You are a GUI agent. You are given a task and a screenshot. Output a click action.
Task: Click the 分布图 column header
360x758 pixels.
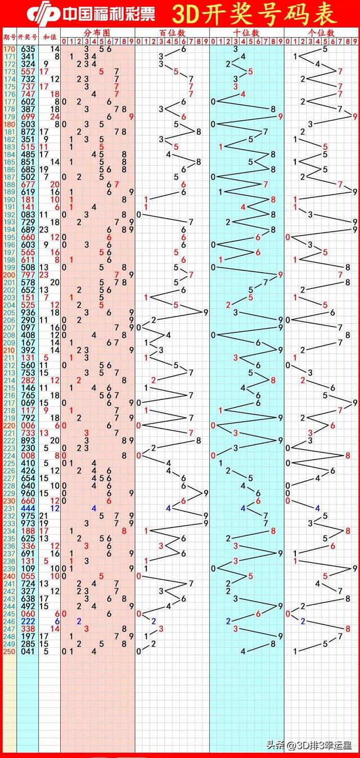click(98, 33)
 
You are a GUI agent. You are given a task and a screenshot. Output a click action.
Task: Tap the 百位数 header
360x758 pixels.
click(172, 33)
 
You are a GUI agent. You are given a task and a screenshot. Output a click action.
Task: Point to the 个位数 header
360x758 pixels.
click(321, 33)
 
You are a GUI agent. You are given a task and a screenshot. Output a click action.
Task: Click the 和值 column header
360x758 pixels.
click(49, 37)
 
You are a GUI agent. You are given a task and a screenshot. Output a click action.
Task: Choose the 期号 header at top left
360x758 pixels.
click(9, 37)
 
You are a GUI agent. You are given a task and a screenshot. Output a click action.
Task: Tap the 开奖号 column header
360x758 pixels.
click(28, 37)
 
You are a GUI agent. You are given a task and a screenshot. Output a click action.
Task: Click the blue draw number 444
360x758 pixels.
click(28, 508)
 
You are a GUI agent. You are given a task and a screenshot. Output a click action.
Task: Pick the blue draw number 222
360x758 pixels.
click(28, 621)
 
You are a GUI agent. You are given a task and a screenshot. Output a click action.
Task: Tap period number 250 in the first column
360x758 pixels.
click(9, 652)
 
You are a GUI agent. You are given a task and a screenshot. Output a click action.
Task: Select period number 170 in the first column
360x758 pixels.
click(9, 49)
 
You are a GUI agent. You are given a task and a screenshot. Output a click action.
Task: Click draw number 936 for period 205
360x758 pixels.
click(28, 312)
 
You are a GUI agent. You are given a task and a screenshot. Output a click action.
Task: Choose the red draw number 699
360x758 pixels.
click(28, 117)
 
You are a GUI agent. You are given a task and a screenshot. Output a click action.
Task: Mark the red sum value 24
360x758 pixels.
click(55, 117)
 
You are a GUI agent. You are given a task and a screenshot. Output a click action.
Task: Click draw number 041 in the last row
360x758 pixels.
click(28, 652)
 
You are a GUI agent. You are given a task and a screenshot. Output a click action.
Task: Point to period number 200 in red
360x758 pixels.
click(9, 274)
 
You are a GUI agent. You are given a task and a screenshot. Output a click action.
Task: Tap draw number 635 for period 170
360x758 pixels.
click(28, 49)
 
